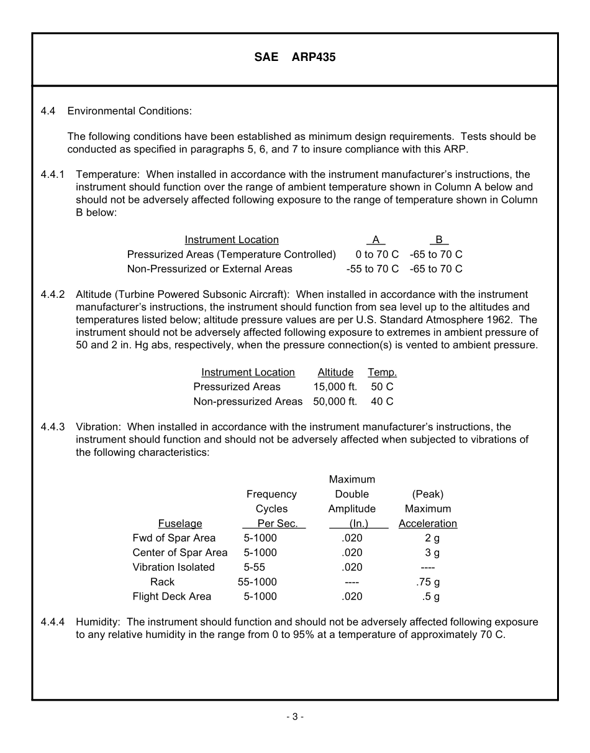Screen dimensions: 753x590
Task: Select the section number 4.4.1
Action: (53, 175)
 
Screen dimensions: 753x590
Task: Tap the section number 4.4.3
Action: (53, 427)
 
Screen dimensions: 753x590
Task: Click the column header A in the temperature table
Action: (376, 240)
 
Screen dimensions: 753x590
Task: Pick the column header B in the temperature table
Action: (439, 240)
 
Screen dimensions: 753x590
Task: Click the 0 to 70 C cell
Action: (377, 254)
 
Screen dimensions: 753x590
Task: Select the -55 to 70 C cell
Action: (373, 269)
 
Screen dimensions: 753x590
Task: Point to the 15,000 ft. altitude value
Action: (335, 387)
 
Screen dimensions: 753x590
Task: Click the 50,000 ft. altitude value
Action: (335, 402)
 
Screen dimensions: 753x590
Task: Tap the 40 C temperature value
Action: (382, 402)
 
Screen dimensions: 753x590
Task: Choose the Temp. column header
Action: (382, 372)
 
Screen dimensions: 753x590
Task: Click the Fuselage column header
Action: (180, 524)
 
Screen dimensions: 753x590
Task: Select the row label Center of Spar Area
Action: (180, 553)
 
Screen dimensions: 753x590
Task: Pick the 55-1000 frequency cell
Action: (257, 582)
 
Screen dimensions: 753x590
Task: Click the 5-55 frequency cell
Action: (255, 567)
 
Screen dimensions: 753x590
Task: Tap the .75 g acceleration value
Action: (428, 582)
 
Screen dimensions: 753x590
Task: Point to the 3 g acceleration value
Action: (432, 553)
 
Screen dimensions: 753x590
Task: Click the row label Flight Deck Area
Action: (172, 596)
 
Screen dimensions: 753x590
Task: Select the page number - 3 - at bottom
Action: (295, 717)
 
